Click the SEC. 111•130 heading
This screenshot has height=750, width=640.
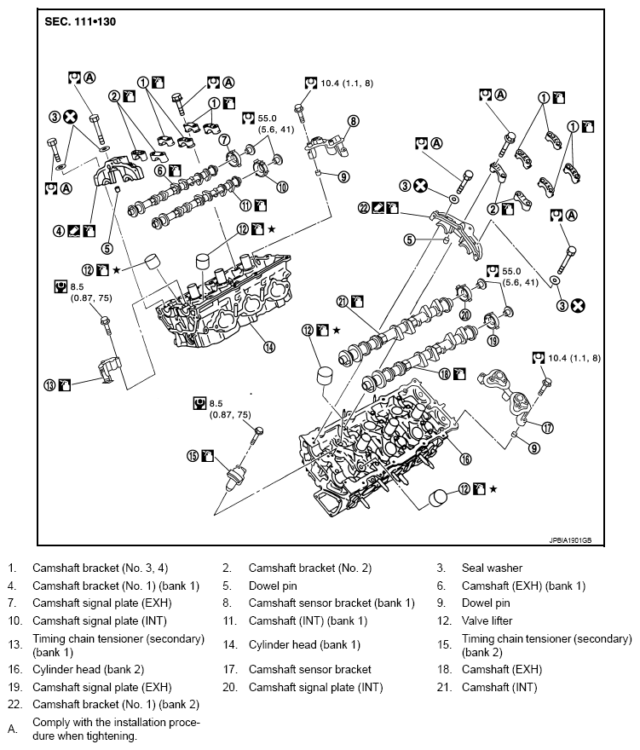(x=80, y=20)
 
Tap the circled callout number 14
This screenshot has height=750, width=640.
(x=269, y=347)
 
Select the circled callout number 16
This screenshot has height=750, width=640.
(x=465, y=459)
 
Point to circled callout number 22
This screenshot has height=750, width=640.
(x=365, y=207)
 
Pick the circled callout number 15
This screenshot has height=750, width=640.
(x=193, y=456)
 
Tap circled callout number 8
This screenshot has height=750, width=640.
(x=353, y=121)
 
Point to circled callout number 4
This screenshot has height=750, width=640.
(x=59, y=230)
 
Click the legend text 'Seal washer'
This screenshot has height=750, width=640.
(x=492, y=568)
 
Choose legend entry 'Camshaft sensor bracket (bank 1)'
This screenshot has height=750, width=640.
(x=332, y=603)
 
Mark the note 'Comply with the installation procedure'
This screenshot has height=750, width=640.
(x=116, y=730)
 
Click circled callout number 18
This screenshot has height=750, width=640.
(x=444, y=373)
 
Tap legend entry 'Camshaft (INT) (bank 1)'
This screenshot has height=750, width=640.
(x=308, y=620)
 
